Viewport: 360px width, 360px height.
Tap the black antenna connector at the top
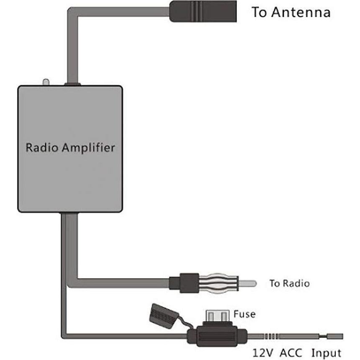tap(203, 11)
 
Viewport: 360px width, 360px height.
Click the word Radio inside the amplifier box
tap(40, 148)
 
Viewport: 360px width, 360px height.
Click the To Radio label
tap(289, 283)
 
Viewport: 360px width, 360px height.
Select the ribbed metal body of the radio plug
tap(219, 283)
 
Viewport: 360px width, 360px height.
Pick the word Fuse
tap(244, 313)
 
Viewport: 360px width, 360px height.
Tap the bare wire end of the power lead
tap(335, 336)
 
